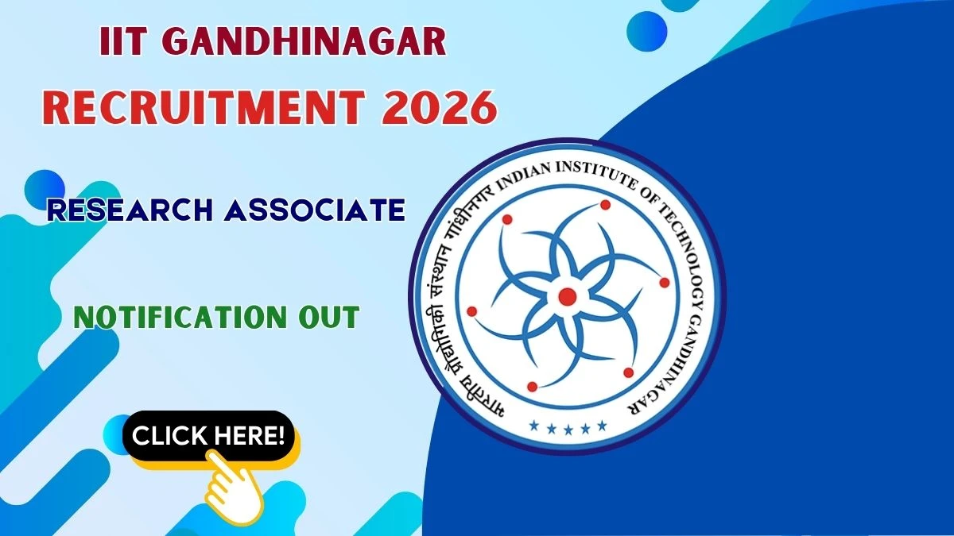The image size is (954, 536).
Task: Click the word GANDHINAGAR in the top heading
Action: [x=304, y=41]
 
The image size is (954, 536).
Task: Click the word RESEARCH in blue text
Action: [x=130, y=210]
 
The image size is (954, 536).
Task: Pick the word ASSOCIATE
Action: [x=315, y=210]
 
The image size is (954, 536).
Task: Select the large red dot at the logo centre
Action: [x=568, y=296]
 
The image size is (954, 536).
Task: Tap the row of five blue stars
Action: [x=568, y=426]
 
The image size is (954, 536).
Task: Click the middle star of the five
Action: [x=568, y=430]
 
